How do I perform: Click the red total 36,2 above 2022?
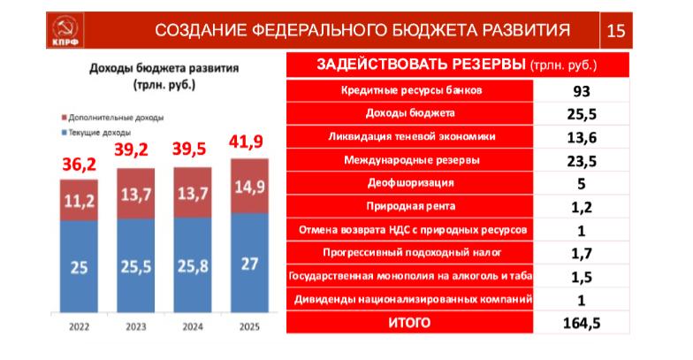[79, 164]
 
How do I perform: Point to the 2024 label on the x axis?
[192, 329]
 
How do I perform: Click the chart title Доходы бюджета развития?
[164, 68]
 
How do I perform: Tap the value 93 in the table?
[580, 90]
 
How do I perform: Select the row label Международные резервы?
[410, 160]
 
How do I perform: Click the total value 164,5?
[580, 323]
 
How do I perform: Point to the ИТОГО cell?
[410, 323]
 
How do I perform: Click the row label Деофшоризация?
[410, 183]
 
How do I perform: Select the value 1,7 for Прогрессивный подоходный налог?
[580, 253]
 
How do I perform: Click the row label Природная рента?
[410, 206]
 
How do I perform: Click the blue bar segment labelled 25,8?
[192, 265]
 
